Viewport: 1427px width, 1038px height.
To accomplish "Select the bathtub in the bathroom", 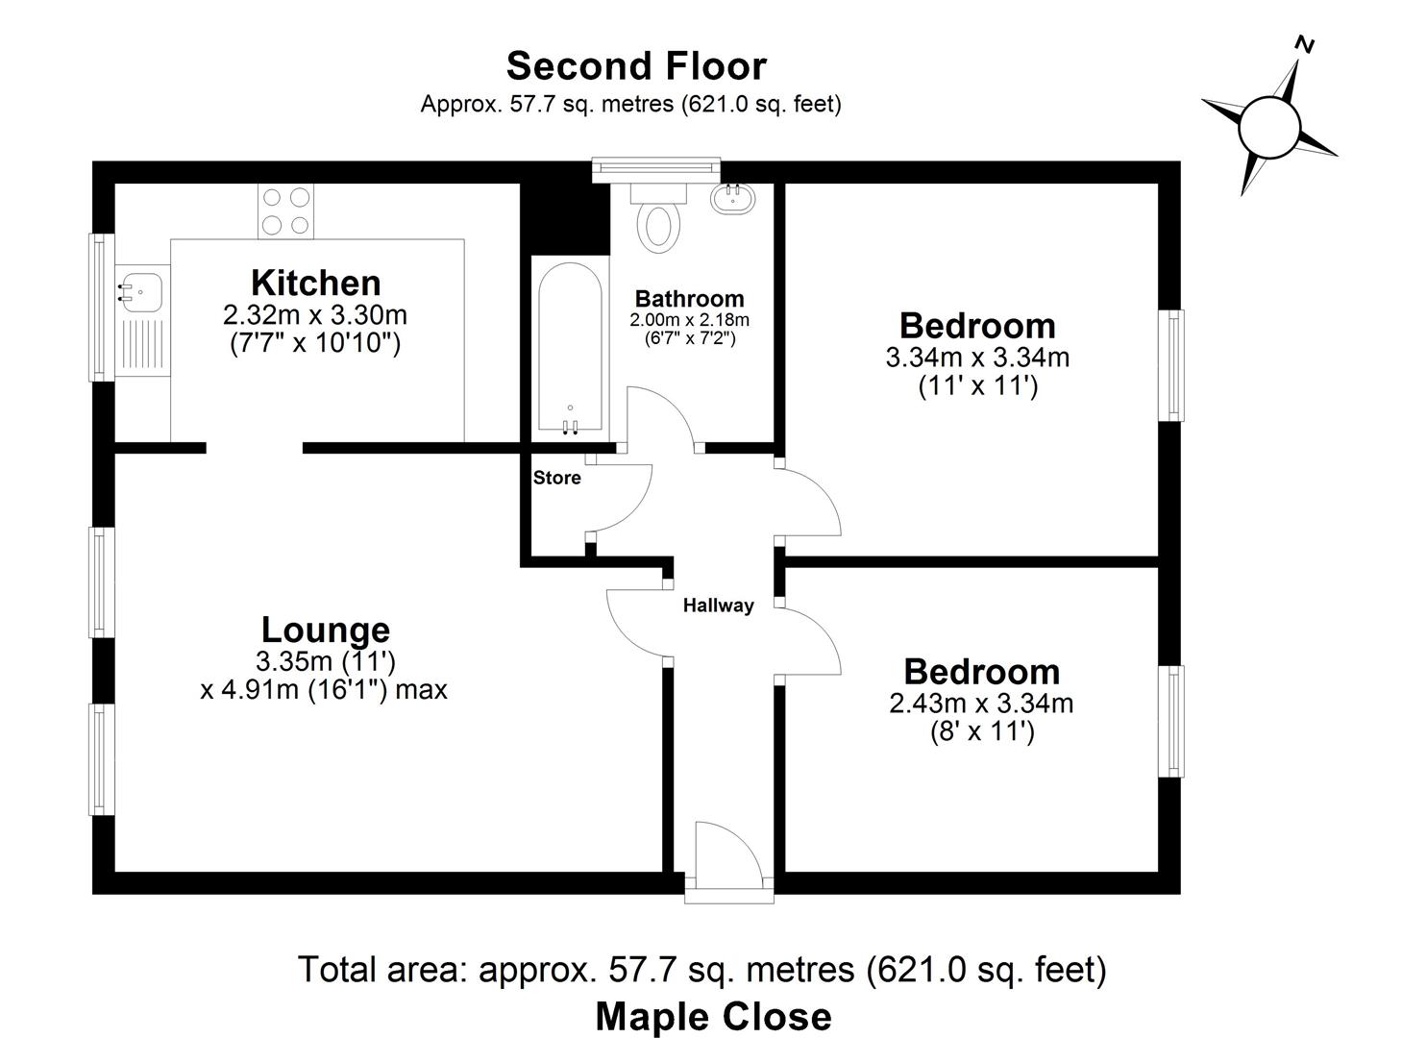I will [x=570, y=351].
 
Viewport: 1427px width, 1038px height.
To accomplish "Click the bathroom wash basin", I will [x=733, y=198].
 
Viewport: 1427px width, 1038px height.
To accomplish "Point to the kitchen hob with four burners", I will [x=286, y=211].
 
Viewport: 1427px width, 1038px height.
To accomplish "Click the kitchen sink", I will [x=141, y=288].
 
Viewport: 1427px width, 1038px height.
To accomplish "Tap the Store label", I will [x=557, y=478].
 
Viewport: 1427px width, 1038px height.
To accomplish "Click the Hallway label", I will [x=718, y=605].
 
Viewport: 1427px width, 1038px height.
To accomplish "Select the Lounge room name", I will [x=326, y=630].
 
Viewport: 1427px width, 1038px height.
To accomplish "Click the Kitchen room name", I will [x=315, y=283].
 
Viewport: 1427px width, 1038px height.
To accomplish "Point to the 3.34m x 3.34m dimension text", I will [x=977, y=358].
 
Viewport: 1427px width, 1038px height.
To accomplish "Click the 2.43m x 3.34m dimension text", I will [x=981, y=704].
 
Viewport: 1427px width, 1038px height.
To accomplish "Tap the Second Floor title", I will [x=636, y=66].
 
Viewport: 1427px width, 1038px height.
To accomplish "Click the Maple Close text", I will [x=713, y=1016].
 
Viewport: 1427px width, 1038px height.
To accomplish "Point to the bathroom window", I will [x=656, y=169].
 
